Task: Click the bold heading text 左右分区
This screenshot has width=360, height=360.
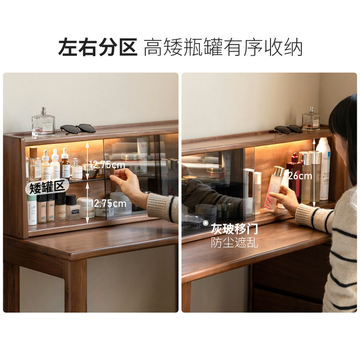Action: click(98, 47)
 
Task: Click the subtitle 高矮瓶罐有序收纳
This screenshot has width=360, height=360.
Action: click(223, 47)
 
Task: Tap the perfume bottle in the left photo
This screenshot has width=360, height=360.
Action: click(43, 122)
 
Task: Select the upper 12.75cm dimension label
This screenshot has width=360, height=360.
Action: click(107, 165)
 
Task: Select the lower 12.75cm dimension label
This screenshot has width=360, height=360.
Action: click(108, 203)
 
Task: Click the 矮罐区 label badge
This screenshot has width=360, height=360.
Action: click(47, 187)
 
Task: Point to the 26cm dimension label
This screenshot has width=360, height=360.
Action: click(300, 176)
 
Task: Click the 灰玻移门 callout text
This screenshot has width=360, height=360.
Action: click(234, 229)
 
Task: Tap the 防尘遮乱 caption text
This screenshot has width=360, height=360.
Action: click(234, 243)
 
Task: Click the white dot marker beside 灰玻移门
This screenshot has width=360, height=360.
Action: click(206, 223)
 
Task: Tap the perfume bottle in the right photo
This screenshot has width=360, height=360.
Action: click(311, 119)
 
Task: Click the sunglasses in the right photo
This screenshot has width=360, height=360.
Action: click(288, 129)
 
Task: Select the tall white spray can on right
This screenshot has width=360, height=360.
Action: click(323, 169)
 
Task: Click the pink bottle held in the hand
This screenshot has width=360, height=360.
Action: click(274, 188)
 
